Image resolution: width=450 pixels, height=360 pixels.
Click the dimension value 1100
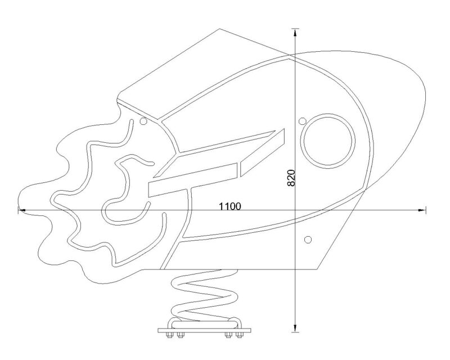click(230, 206)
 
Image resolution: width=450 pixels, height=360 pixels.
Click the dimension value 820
click(291, 178)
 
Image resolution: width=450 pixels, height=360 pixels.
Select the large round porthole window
click(328, 141)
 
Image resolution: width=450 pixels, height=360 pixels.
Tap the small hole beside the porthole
click(302, 121)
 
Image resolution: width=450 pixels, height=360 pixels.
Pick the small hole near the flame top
click(143, 121)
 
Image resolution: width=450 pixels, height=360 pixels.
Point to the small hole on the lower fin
click(308, 239)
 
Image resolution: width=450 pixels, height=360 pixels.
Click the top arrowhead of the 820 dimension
click(295, 32)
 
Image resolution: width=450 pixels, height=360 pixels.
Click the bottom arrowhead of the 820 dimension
click(295, 328)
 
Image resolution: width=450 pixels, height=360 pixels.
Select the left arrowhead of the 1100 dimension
click(22, 210)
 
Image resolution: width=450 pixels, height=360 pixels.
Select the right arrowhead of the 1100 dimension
click(422, 210)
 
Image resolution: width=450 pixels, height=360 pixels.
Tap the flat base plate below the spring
click(204, 330)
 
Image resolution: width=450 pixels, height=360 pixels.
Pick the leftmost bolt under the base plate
click(169, 335)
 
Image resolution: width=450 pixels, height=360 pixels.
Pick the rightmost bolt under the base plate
click(238, 335)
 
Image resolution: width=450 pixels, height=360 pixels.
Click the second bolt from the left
click(180, 335)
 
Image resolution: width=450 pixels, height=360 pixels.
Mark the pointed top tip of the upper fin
click(219, 29)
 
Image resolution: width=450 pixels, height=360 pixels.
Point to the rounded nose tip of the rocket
click(426, 94)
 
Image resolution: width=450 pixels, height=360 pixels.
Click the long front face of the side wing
click(193, 181)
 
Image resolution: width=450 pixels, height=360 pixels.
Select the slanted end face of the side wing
click(262, 153)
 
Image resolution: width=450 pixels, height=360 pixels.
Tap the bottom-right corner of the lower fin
click(317, 269)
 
